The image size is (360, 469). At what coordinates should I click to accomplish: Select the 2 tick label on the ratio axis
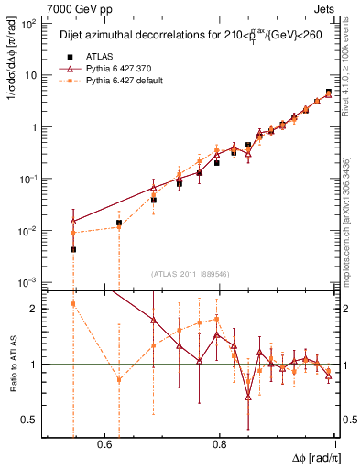tap(36, 309)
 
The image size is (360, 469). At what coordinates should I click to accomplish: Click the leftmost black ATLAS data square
tap(72, 249)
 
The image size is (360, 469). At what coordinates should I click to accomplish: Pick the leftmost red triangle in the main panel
tap(72, 221)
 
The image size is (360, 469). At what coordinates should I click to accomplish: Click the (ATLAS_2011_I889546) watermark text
tap(190, 274)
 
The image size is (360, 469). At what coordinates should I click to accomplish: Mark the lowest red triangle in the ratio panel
tap(248, 397)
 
